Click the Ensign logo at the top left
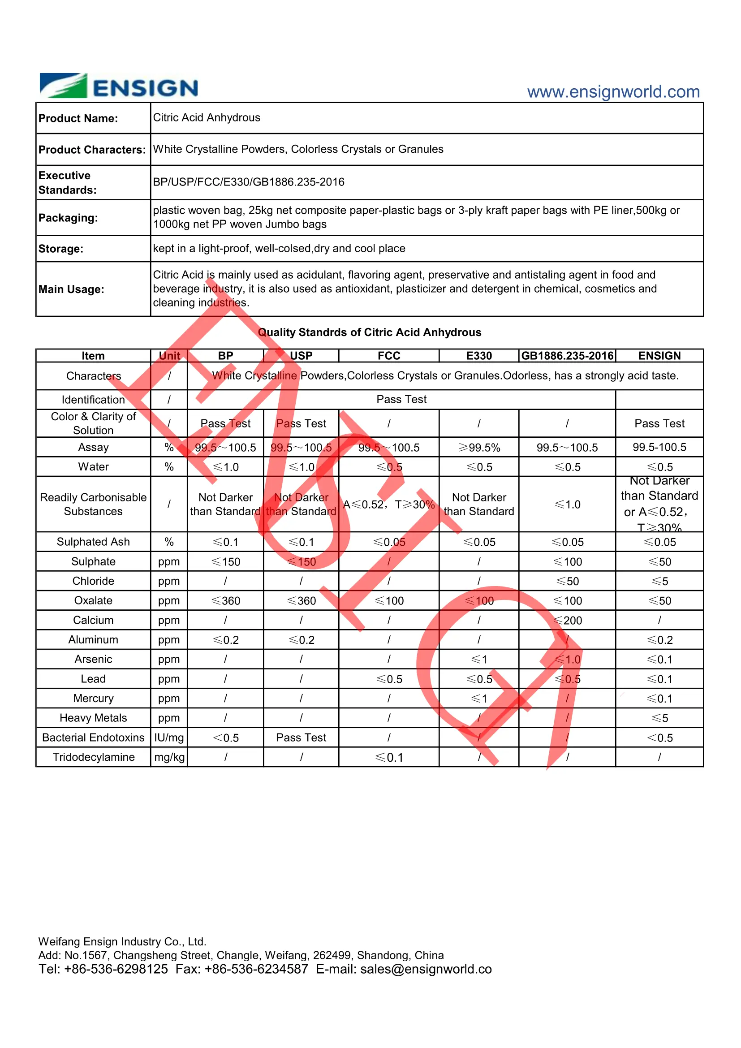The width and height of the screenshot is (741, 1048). click(x=119, y=86)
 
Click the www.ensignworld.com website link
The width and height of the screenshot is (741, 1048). click(x=613, y=92)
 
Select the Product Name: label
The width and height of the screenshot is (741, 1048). click(x=78, y=119)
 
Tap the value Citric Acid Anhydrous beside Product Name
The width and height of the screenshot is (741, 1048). click(x=206, y=118)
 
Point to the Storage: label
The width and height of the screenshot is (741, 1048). click(x=60, y=249)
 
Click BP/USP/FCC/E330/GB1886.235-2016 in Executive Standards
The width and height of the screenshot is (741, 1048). click(x=248, y=182)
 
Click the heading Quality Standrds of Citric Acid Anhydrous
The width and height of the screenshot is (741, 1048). click(x=369, y=332)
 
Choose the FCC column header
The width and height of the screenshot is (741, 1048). click(x=388, y=356)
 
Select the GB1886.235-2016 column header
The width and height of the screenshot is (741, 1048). click(x=567, y=356)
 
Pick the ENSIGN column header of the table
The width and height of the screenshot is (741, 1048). click(x=659, y=356)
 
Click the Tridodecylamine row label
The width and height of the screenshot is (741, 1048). click(x=94, y=757)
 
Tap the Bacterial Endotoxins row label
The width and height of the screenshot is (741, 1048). click(x=93, y=737)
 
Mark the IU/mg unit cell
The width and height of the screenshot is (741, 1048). click(x=169, y=737)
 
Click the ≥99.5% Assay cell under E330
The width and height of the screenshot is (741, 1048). click(x=478, y=448)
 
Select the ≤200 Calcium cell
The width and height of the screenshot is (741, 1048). click(x=567, y=620)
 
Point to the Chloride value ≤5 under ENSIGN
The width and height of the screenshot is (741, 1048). click(x=659, y=581)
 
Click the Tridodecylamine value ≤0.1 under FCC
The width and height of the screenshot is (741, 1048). click(x=389, y=758)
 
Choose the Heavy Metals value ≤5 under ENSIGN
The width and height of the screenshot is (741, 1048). click(x=659, y=718)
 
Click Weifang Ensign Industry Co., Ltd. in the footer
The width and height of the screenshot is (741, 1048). click(x=122, y=942)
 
